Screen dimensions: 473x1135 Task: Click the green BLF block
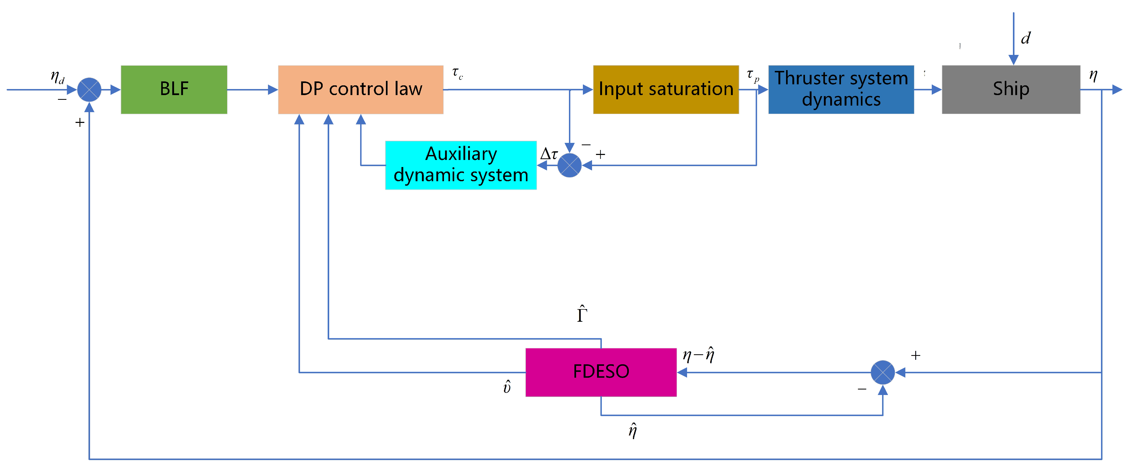(174, 90)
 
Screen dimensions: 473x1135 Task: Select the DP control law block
(360, 90)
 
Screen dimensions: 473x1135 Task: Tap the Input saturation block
(666, 90)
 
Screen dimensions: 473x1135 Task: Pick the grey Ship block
(1011, 90)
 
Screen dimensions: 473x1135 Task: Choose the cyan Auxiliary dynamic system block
(461, 165)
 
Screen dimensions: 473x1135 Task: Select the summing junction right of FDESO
(882, 372)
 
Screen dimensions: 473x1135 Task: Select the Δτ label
(549, 154)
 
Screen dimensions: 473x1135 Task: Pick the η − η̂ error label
(698, 355)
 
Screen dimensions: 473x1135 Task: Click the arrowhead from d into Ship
(1013, 60)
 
